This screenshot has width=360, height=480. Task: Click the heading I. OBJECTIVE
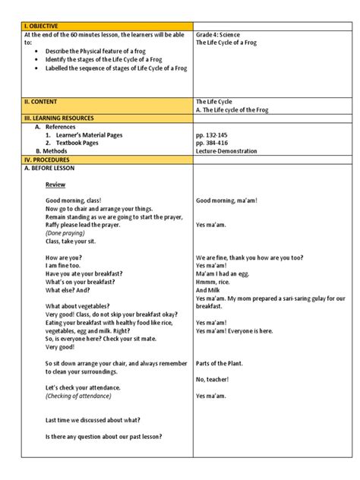(x=43, y=26)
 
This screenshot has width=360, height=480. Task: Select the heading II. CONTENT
(x=42, y=101)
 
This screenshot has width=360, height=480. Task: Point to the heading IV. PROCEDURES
(x=47, y=160)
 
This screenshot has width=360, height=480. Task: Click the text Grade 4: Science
(x=221, y=35)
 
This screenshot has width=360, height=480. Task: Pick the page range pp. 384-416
(x=213, y=143)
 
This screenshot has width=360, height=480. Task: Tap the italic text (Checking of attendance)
(x=83, y=396)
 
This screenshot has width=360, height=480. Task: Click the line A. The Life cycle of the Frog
(x=236, y=109)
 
